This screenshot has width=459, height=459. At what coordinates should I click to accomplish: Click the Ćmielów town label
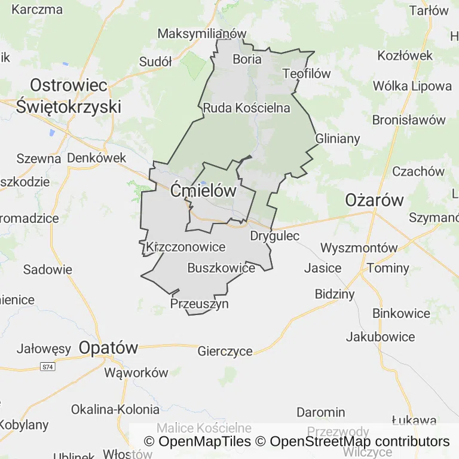coord(203,191)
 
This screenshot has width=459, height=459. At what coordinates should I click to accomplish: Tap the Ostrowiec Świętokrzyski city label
coord(68,96)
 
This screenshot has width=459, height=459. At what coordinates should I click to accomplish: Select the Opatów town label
coord(108,347)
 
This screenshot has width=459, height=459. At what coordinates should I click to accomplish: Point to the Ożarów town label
coord(375,200)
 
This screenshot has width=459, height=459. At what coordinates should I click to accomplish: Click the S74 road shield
coord(47,366)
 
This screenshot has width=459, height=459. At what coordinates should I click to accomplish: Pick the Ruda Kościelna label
coord(246,108)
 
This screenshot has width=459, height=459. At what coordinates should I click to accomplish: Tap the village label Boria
coord(247,59)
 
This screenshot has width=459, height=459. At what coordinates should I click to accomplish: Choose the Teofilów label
coord(307,74)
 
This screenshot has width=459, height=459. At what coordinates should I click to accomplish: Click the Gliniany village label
coord(338,139)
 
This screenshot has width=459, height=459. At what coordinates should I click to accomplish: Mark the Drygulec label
coord(275,236)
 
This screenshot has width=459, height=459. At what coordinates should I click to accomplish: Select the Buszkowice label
coord(221,268)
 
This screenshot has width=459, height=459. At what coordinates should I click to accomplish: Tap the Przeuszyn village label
coord(200,304)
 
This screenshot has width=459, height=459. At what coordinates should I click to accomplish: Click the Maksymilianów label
coord(202,33)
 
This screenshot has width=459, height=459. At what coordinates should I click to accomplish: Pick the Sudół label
coord(155,62)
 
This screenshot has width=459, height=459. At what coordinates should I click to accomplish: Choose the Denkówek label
coord(97,158)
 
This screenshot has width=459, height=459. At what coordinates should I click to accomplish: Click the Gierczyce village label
coord(225,351)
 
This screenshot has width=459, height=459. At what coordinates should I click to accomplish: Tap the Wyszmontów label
coord(359,248)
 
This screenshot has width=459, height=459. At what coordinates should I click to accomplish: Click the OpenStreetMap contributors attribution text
coord(359,442)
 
